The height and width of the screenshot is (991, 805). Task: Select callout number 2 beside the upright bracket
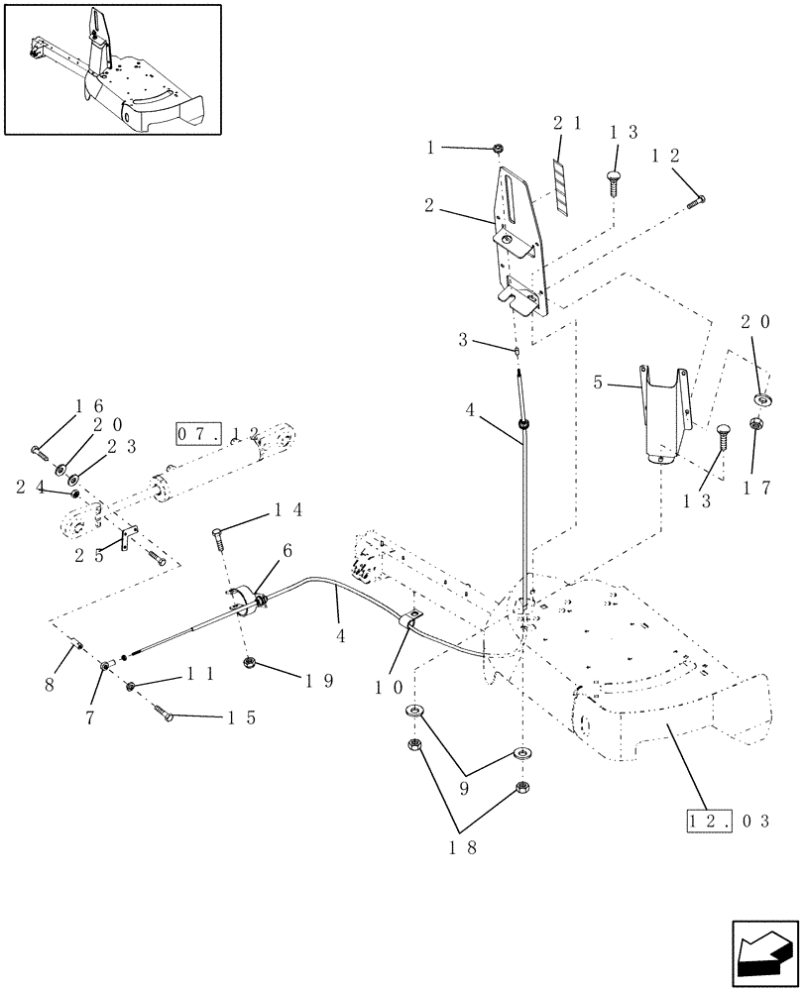(428, 206)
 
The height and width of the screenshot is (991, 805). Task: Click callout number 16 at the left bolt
(89, 407)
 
